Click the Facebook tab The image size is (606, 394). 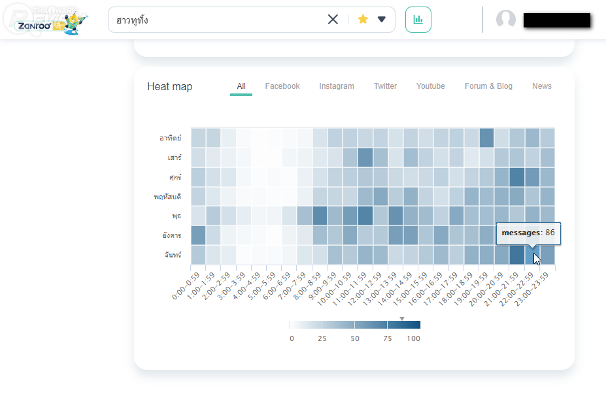[x=282, y=86]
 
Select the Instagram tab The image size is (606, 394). [x=337, y=86]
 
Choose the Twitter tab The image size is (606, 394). [x=385, y=86]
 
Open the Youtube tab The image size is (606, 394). [x=430, y=86]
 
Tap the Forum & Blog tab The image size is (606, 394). [x=488, y=86]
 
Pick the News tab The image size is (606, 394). [x=541, y=86]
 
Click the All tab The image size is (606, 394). [x=241, y=86]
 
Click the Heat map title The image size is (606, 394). [x=169, y=87]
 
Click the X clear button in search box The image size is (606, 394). [x=333, y=20]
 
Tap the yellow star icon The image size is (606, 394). [x=363, y=20]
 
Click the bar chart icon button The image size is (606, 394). [x=418, y=20]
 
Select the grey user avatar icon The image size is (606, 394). [x=506, y=20]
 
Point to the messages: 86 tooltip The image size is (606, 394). [x=528, y=233]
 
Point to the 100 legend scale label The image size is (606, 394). [x=413, y=338]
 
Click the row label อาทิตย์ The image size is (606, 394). [x=170, y=138]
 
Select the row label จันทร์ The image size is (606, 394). [x=172, y=255]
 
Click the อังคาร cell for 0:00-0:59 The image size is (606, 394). [x=198, y=235]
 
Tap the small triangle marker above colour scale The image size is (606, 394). [x=402, y=318]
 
